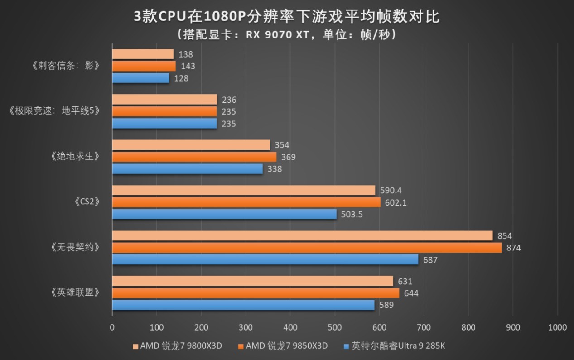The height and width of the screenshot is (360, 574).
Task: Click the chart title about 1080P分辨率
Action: coord(286,17)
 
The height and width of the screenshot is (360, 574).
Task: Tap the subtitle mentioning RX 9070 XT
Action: coord(286,35)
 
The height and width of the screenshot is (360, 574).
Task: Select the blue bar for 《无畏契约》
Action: coord(265,259)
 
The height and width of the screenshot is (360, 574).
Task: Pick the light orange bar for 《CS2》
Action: coord(243,190)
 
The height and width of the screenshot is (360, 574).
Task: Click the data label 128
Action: coord(181,78)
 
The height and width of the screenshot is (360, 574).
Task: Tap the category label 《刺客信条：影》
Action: coord(66,66)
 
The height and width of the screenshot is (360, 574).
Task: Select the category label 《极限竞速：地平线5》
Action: coord(54,111)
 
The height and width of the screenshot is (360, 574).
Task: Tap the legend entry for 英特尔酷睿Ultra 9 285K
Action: coord(395,346)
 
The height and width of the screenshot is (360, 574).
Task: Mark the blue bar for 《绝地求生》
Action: coord(187,169)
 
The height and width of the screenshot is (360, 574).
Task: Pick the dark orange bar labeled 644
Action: coord(256,293)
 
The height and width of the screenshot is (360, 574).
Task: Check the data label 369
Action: coord(288,157)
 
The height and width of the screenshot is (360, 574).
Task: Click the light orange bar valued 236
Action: coord(164,100)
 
